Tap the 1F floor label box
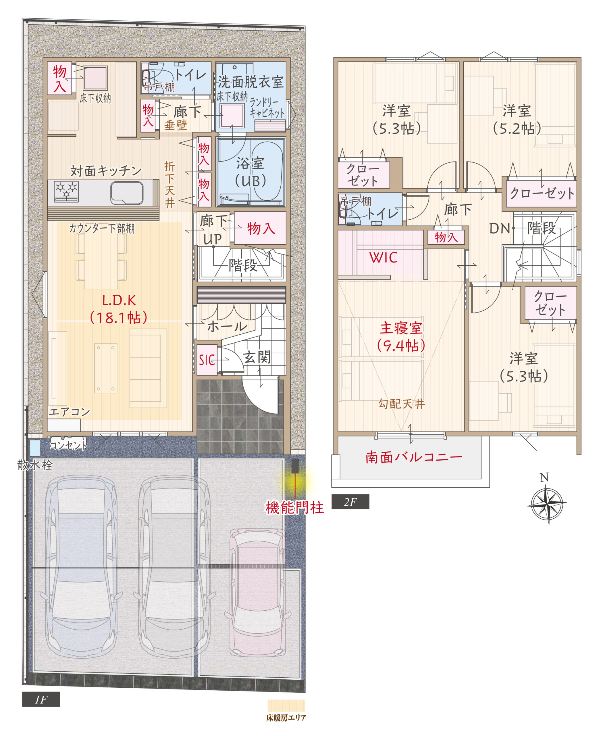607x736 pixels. pyautogui.click(x=41, y=699)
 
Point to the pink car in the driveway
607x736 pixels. pyautogui.click(x=257, y=591)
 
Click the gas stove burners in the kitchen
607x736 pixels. pyautogui.click(x=66, y=191)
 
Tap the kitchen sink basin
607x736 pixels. pyautogui.click(x=127, y=193)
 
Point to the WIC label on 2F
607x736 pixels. pyautogui.click(x=383, y=258)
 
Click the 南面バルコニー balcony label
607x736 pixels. pyautogui.click(x=414, y=457)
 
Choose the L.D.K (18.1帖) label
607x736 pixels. pyautogui.click(x=119, y=309)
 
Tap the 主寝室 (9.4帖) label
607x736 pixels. pyautogui.click(x=401, y=337)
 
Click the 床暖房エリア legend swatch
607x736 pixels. pyautogui.click(x=286, y=706)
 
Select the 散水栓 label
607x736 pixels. pyautogui.click(x=35, y=465)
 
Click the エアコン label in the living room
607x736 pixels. pyautogui.click(x=69, y=412)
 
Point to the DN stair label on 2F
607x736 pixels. pyautogui.click(x=499, y=229)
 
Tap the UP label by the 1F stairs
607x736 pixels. pyautogui.click(x=212, y=239)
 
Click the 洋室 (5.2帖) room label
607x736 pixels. pyautogui.click(x=517, y=120)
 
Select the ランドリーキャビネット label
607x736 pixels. pyautogui.click(x=267, y=108)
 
